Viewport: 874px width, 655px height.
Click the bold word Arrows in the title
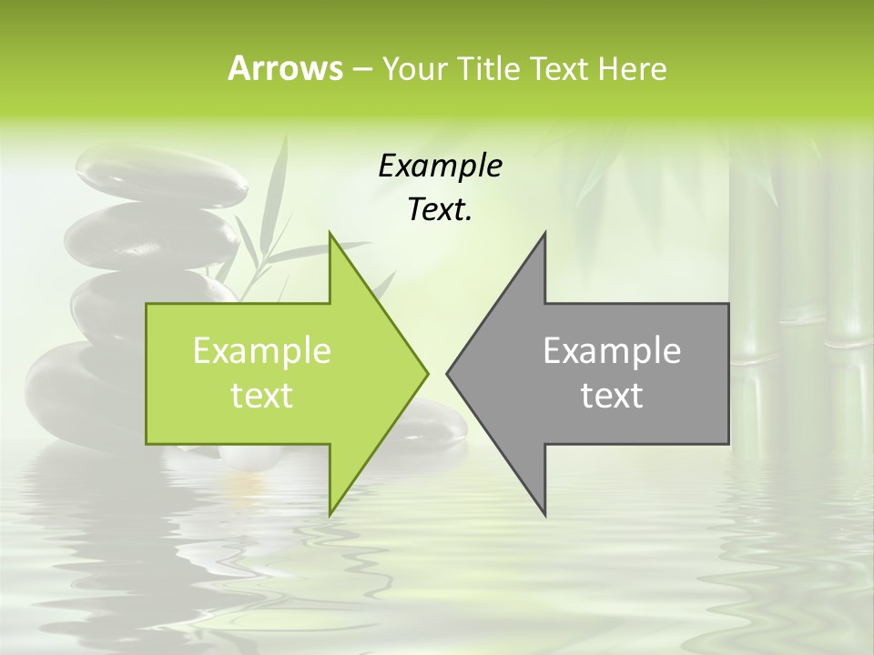pyautogui.click(x=284, y=69)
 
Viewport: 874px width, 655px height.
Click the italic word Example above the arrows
pyautogui.click(x=440, y=166)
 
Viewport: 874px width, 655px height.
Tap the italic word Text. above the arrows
pyautogui.click(x=440, y=210)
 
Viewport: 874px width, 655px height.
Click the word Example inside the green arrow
pyautogui.click(x=262, y=351)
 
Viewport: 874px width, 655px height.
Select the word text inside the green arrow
pyautogui.click(x=262, y=396)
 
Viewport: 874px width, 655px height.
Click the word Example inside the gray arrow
pyautogui.click(x=612, y=351)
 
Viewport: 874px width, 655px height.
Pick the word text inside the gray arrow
pyautogui.click(x=612, y=396)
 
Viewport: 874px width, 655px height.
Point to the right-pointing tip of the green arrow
pyautogui.click(x=426, y=373)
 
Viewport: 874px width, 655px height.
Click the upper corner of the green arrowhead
pyautogui.click(x=330, y=235)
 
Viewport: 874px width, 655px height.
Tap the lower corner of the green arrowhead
pyautogui.click(x=330, y=513)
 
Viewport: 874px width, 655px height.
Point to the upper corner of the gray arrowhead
pyautogui.click(x=544, y=235)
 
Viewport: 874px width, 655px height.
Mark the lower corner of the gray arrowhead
pyautogui.click(x=544, y=513)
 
